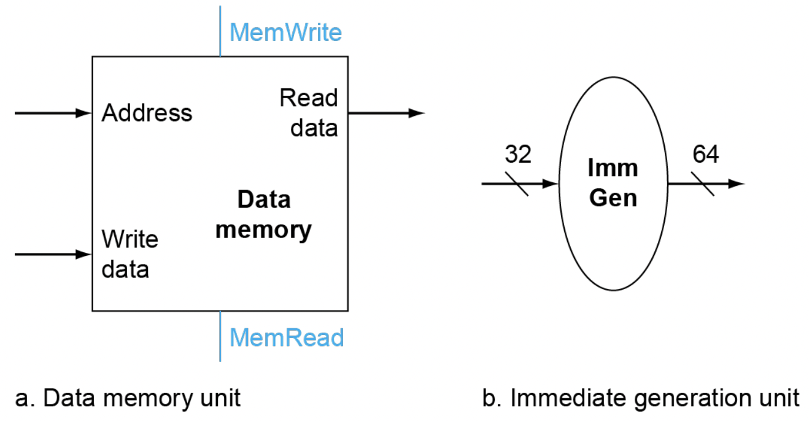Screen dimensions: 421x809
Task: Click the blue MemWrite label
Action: [285, 32]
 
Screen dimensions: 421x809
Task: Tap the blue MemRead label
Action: [287, 338]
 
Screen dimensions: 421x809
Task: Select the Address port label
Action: [147, 114]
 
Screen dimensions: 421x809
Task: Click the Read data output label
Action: [309, 113]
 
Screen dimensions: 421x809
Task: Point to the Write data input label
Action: [130, 254]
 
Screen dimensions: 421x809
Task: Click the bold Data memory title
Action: [264, 215]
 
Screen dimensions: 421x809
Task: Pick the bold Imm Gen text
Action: [613, 183]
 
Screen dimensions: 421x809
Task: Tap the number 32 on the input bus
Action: [517, 155]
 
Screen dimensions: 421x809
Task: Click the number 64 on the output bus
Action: [705, 155]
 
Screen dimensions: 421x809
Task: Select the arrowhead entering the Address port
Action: [84, 114]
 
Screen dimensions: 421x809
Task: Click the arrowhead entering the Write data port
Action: [84, 254]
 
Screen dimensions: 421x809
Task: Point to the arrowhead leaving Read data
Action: [417, 113]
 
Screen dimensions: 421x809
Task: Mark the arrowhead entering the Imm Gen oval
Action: [551, 183]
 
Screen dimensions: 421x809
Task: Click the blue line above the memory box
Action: [220, 31]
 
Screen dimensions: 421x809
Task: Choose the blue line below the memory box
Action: [220, 336]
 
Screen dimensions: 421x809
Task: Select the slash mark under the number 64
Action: [704, 183]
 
